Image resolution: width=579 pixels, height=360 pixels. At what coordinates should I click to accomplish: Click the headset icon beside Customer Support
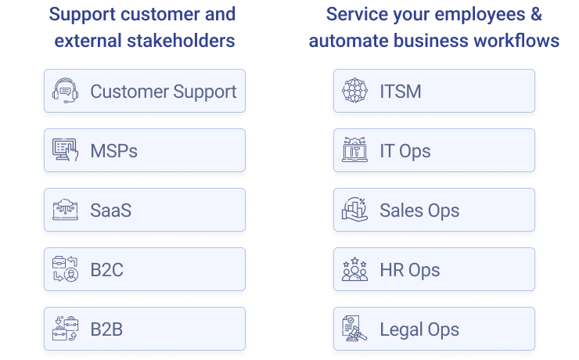click(x=66, y=91)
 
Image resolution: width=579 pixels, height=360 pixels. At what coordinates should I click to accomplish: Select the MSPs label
click(x=113, y=151)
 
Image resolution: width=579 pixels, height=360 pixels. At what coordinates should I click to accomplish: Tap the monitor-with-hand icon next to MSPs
click(x=66, y=150)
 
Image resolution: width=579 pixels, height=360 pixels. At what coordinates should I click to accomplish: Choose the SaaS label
click(x=111, y=211)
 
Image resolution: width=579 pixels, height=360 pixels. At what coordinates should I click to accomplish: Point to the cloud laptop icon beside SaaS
click(x=66, y=210)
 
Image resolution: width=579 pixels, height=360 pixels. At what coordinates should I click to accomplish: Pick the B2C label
click(x=106, y=270)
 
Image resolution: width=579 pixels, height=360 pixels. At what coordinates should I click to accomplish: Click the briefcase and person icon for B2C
click(x=66, y=269)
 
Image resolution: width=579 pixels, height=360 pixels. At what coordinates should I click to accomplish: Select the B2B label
click(x=106, y=329)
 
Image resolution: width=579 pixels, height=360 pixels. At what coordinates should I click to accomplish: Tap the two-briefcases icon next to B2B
click(x=66, y=328)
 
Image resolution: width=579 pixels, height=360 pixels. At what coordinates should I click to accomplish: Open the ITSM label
click(x=401, y=92)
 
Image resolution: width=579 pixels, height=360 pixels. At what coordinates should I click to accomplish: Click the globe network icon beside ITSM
click(x=355, y=91)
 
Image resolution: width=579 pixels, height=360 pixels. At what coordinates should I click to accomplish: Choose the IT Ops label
click(x=405, y=151)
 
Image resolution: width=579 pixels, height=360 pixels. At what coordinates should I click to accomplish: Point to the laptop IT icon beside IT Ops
click(x=355, y=149)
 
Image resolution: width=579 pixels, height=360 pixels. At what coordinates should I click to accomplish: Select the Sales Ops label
click(x=420, y=211)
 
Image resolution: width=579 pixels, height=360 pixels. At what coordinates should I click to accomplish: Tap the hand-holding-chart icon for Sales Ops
click(x=355, y=210)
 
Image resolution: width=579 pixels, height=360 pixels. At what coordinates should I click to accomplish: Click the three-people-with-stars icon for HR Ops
click(x=355, y=269)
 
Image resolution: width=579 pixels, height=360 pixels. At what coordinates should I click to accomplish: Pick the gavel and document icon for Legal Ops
click(x=355, y=328)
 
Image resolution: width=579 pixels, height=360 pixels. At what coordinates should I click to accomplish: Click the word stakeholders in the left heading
click(x=181, y=41)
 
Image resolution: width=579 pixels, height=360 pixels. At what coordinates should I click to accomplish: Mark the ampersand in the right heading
click(x=536, y=14)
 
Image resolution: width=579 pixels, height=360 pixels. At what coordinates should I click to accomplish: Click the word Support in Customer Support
click(x=205, y=92)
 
